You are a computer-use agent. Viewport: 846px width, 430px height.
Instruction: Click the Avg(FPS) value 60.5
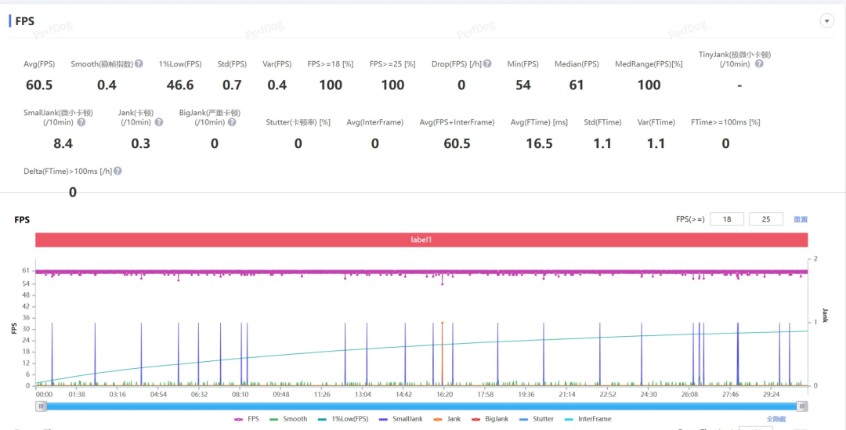pos(38,85)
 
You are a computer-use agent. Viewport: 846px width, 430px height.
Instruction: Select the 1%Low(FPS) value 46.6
pos(180,85)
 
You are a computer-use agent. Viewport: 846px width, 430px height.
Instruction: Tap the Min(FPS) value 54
pos(523,85)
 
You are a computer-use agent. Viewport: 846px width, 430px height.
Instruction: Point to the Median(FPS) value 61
pos(577,85)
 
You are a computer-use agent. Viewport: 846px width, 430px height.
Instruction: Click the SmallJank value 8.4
pos(63,143)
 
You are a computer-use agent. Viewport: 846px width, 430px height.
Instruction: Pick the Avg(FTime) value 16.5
pos(539,143)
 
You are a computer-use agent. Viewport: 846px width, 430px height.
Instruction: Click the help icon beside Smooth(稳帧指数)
pos(139,63)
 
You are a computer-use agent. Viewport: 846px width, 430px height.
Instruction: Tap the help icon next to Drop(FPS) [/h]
pos(488,63)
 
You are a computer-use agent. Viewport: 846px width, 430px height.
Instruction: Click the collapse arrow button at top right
pos(826,21)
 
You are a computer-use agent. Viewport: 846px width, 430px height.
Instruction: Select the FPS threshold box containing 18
pos(727,219)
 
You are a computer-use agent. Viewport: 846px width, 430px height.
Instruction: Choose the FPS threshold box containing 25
pos(766,219)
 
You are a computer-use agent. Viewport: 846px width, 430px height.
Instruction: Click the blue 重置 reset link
pos(801,219)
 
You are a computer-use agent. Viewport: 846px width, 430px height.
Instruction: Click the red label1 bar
pos(421,240)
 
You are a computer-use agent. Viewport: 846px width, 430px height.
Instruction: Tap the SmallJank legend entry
pos(401,419)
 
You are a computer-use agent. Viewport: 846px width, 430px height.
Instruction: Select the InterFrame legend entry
pos(588,419)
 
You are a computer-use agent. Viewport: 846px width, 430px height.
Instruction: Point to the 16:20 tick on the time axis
pos(444,395)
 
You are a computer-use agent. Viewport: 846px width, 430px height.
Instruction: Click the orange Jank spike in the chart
pos(442,352)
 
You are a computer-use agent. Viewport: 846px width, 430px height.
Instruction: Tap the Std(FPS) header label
pos(232,64)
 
